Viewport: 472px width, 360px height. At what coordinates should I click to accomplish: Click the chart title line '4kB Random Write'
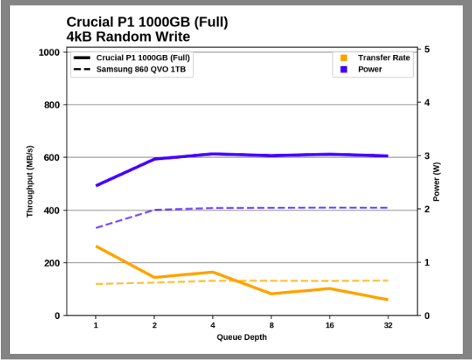[x=128, y=36]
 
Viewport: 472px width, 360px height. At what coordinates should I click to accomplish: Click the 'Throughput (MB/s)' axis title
[x=30, y=181]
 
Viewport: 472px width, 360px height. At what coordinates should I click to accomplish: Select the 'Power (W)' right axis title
[x=436, y=181]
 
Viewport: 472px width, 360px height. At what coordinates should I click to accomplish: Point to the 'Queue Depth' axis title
[x=241, y=337]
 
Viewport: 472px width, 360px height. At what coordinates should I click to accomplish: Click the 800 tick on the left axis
[x=53, y=105]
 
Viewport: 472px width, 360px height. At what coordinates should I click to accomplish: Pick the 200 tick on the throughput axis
[x=53, y=263]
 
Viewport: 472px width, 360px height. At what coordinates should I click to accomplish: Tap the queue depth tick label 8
[x=271, y=325]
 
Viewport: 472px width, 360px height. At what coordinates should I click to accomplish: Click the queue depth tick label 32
[x=388, y=325]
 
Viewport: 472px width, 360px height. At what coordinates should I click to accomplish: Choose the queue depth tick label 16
[x=330, y=325]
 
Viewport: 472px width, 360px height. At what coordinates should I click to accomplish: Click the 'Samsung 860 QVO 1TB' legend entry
[x=139, y=70]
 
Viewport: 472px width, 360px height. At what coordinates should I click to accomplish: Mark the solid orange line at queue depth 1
[x=96, y=246]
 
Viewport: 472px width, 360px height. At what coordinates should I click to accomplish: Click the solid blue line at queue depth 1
[x=96, y=186]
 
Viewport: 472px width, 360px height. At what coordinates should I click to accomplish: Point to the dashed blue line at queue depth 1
[x=96, y=228]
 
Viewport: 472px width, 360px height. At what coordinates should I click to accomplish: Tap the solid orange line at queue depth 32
[x=388, y=300]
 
